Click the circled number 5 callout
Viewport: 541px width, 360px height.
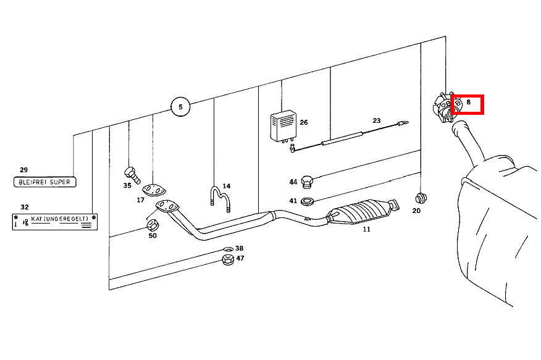tap(180, 107)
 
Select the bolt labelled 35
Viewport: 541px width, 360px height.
tap(132, 175)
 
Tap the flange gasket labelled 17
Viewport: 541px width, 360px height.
tap(154, 190)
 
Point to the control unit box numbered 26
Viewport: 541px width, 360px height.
tap(283, 126)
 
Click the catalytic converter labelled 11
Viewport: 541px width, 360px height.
tap(363, 211)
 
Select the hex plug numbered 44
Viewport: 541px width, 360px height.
tap(307, 182)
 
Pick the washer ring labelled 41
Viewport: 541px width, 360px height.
tap(307, 201)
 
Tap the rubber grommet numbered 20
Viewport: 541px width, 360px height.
tap(421, 198)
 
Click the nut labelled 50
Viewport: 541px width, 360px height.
tap(153, 225)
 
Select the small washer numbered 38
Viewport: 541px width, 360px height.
tap(229, 249)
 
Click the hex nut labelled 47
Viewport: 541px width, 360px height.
tap(228, 259)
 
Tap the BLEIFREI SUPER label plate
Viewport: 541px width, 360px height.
tap(45, 182)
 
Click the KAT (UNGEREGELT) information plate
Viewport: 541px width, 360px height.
tap(55, 222)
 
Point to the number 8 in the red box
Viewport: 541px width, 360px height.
tap(468, 102)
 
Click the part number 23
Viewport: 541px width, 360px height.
tap(377, 120)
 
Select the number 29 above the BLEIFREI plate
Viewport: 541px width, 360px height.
tap(23, 170)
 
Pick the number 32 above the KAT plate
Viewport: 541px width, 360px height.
tap(25, 207)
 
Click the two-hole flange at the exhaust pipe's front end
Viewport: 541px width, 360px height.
tap(167, 206)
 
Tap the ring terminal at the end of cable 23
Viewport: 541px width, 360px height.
tap(403, 122)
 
